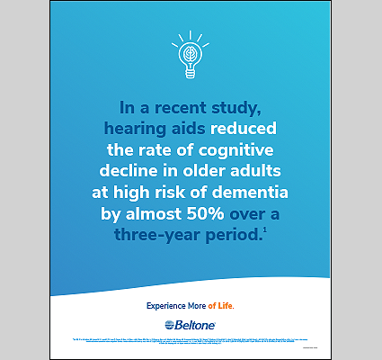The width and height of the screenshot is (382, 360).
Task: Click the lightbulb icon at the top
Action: pos(190,57)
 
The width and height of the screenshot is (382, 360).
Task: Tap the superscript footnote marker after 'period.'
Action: pos(265,230)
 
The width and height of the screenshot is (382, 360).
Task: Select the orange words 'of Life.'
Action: pos(225,305)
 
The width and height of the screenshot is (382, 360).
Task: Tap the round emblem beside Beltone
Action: pos(171,324)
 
